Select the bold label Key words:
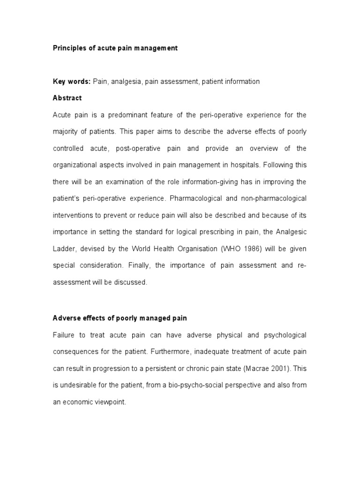(71, 82)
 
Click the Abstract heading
(67, 98)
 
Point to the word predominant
(117, 115)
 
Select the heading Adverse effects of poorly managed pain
(120, 318)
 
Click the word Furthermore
(137, 352)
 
